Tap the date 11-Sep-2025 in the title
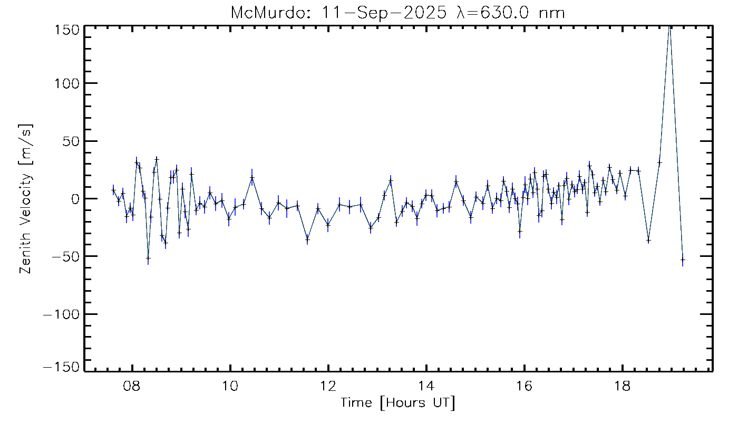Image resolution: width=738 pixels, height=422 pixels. [x=384, y=13]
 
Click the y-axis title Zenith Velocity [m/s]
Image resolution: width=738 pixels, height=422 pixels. [x=26, y=199]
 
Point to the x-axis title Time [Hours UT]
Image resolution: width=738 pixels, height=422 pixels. [x=397, y=402]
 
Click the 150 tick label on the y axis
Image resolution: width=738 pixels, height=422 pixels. [x=67, y=31]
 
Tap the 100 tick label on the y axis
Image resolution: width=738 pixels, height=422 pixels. [x=67, y=83]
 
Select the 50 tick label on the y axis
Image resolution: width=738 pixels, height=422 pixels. [x=72, y=141]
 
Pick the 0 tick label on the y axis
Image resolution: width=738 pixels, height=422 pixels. [x=75, y=199]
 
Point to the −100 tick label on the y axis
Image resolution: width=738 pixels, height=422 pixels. [x=62, y=314]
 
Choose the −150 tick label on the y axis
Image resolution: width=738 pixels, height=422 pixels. [x=62, y=367]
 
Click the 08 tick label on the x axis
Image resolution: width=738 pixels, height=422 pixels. [x=132, y=386]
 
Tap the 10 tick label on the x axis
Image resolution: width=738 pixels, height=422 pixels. [x=230, y=386]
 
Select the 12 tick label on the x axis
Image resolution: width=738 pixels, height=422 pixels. [x=328, y=386]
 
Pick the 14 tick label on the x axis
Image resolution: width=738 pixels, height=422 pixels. [x=426, y=386]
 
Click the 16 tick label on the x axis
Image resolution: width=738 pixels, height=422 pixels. [x=525, y=386]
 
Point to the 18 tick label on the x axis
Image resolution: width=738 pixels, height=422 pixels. [x=623, y=386]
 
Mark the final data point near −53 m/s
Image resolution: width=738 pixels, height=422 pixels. [x=683, y=260]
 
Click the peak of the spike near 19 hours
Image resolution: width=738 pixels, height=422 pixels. [x=669, y=26]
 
